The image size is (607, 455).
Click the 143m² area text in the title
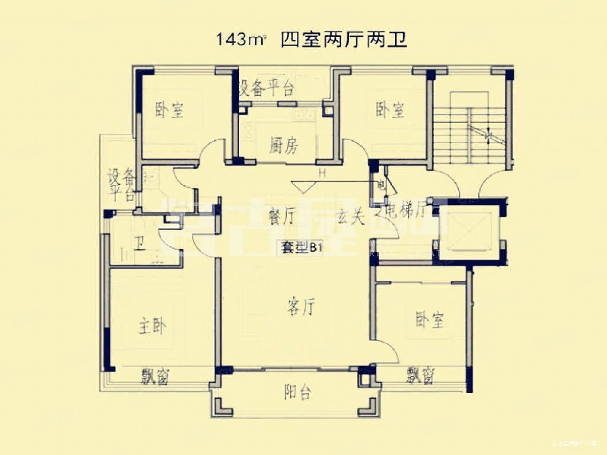coord(242,40)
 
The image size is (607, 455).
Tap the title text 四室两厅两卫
coord(344,40)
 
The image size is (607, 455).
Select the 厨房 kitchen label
coord(284,146)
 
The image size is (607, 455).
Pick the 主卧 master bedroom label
coord(152,326)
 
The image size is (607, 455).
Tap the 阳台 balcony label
coord(298,392)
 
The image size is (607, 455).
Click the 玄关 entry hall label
coord(350,217)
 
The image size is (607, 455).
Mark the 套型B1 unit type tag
coord(302,248)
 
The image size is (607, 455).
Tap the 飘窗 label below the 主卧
coord(155,376)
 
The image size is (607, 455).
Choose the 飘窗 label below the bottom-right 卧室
coord(420,375)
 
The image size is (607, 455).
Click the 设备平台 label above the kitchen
coord(266,88)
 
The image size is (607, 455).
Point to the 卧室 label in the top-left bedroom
coord(169,110)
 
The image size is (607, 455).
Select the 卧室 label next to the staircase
coord(390,110)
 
